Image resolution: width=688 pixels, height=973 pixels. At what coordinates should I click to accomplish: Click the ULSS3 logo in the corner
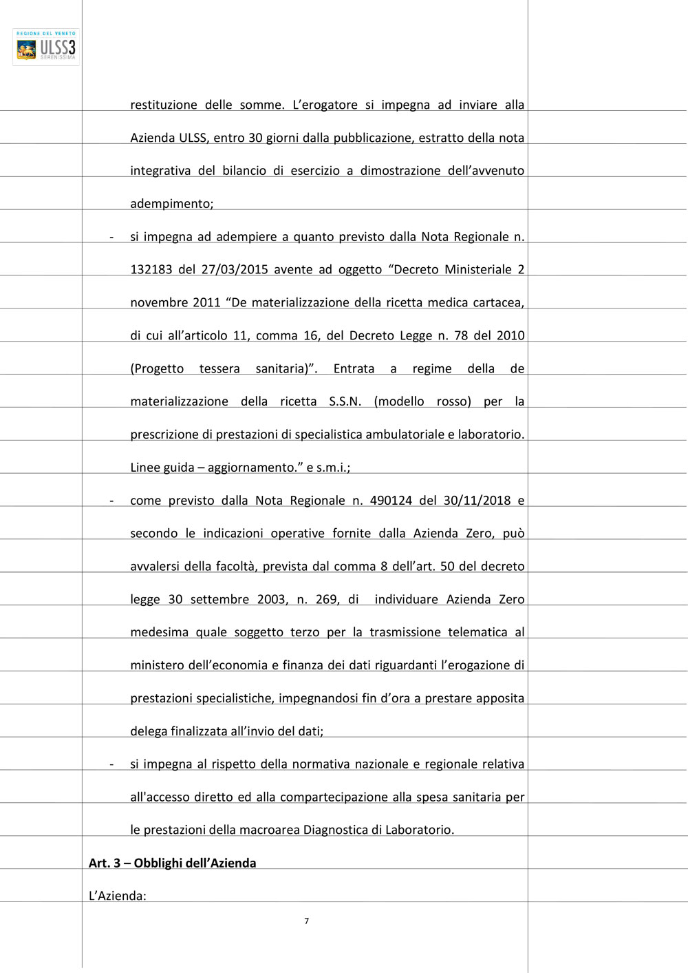coord(46,47)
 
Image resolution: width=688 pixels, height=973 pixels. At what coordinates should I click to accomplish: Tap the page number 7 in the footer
coord(306,921)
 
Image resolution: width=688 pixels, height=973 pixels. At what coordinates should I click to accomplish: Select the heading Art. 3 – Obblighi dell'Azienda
coord(172,863)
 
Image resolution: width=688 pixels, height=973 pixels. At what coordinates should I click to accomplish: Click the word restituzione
coord(164,105)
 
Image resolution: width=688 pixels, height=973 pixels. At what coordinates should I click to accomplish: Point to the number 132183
coord(151,269)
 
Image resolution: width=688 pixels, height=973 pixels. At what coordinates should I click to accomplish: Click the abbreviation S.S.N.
coord(345,401)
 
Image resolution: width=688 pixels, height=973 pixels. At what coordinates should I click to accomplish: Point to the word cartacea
coord(498,302)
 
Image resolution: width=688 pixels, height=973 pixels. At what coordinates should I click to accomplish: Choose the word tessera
coord(219,368)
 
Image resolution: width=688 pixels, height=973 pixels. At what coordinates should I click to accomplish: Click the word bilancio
coord(244,171)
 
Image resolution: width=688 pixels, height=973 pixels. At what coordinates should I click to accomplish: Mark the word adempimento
coord(171,204)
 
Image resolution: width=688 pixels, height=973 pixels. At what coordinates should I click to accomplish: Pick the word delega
coord(148,731)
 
